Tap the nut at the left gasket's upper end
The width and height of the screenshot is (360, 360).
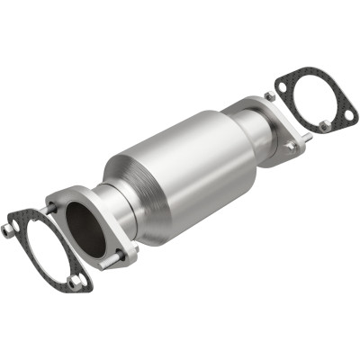click(8, 229)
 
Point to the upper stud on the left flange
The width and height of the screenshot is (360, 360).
click(54, 207)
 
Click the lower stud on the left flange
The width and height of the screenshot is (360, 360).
click(118, 263)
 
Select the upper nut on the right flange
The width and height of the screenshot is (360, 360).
click(270, 96)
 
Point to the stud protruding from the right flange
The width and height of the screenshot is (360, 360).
click(306, 137)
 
